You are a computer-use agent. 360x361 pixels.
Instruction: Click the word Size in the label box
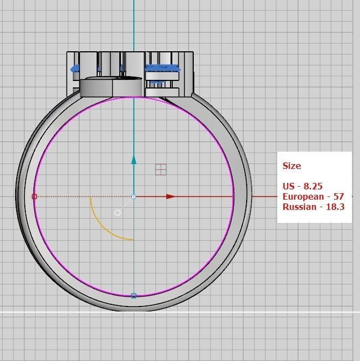pos(291,166)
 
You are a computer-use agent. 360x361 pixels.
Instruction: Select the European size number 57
pos(338,196)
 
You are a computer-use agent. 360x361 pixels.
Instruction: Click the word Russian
pos(300,207)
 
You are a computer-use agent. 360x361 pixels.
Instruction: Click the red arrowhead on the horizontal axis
pos(171,196)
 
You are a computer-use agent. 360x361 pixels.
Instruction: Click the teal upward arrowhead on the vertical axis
pos(134,159)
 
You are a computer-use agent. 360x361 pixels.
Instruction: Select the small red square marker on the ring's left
pos(35,196)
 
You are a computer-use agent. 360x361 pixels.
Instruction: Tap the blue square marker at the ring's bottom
pos(134,295)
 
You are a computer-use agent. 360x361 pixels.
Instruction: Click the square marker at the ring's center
pos(134,196)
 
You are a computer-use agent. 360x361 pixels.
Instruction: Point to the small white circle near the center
pos(118,213)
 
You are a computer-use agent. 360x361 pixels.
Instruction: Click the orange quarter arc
pos(103,227)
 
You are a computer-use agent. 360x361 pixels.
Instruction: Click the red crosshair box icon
pos(160,169)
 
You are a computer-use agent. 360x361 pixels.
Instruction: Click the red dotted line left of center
pos(81,196)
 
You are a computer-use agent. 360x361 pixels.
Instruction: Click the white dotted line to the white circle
pos(126,204)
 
